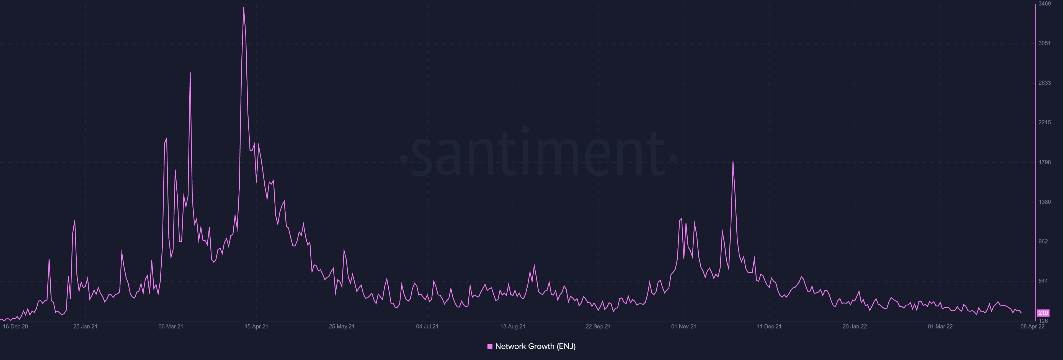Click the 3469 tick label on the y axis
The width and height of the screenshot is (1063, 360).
point(1044,4)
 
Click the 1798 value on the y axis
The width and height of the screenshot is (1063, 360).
point(1044,162)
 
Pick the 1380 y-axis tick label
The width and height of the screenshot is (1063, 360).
point(1044,202)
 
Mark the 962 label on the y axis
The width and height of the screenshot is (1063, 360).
point(1043,241)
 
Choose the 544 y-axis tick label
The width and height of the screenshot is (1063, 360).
point(1043,281)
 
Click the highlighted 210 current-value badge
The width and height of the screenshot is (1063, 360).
point(1043,313)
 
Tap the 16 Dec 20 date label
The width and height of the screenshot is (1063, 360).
point(15,326)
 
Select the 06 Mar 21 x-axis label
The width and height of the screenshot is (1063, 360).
point(171,326)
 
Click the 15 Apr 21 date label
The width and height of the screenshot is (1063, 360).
point(256,326)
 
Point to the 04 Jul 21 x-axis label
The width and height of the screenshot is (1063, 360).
point(427,326)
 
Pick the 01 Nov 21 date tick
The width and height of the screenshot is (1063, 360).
point(683,326)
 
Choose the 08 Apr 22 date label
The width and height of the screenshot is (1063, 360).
point(1033,326)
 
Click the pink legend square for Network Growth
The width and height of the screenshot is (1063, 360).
point(490,346)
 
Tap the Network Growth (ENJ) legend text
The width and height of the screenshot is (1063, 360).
point(535,346)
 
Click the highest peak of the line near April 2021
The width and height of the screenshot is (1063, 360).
point(244,8)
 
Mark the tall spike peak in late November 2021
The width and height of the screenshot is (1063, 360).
point(733,162)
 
